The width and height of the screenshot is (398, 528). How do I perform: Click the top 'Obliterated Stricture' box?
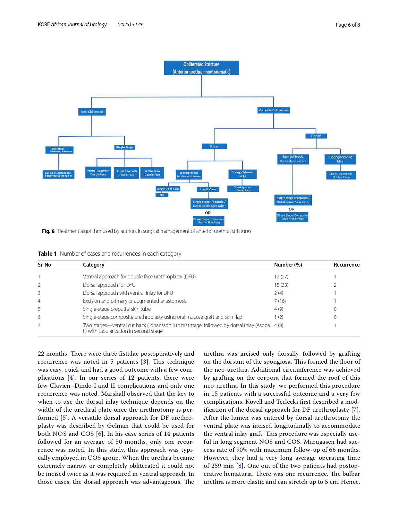pos(201,68)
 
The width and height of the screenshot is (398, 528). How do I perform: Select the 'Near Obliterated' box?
pos(92,112)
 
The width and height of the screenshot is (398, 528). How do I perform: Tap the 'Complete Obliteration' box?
pos(273,110)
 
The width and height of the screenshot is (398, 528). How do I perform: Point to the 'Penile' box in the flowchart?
pos(316,136)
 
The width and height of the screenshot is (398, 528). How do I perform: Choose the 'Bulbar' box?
pos(214,146)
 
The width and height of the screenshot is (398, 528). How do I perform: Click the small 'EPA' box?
pos(162,195)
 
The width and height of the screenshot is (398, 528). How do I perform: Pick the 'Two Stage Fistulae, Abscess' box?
pos(60,150)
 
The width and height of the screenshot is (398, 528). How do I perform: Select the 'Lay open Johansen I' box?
pos(58,174)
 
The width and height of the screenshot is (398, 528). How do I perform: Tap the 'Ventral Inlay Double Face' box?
pos(152,173)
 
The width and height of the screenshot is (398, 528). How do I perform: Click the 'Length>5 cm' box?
pos(208,189)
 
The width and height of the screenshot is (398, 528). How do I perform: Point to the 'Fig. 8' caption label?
pos(48,231)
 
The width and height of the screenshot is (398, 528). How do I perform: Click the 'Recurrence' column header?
pos(346,265)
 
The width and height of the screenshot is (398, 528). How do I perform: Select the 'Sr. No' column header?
pos(45,265)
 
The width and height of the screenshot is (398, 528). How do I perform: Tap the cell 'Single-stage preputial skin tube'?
pos(117,309)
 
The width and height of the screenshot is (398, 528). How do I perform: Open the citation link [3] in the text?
pos(145,362)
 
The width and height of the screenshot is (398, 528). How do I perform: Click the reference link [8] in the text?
pos(240,466)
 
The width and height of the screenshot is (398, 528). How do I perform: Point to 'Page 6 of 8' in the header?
pos(348,25)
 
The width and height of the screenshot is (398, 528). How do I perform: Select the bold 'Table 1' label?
pos(47,254)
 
